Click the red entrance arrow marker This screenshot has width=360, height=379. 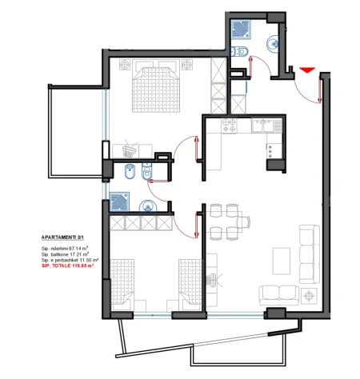click(308, 70)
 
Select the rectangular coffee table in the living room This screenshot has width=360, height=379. click(281, 260)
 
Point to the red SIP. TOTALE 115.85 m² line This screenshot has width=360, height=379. click(67, 266)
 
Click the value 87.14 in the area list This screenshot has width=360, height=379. click(77, 249)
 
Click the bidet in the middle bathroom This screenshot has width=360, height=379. click(130, 173)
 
